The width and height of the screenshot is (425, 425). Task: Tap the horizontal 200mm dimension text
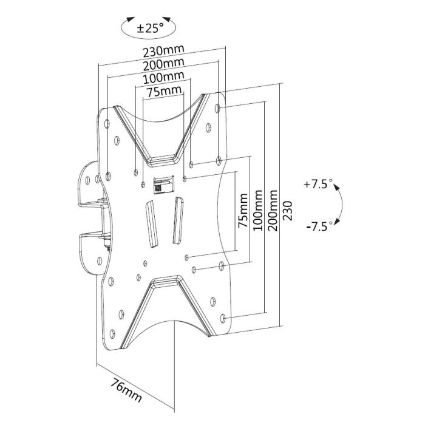(x=163, y=65)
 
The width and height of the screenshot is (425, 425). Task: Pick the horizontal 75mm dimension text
(x=163, y=91)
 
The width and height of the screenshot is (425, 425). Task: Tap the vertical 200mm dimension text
(x=273, y=209)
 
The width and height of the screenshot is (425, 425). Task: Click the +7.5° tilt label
(x=319, y=184)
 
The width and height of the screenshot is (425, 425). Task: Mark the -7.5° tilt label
(x=319, y=226)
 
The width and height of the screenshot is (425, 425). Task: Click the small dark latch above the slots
(x=161, y=185)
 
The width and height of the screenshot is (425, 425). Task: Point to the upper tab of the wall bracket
(x=90, y=183)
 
